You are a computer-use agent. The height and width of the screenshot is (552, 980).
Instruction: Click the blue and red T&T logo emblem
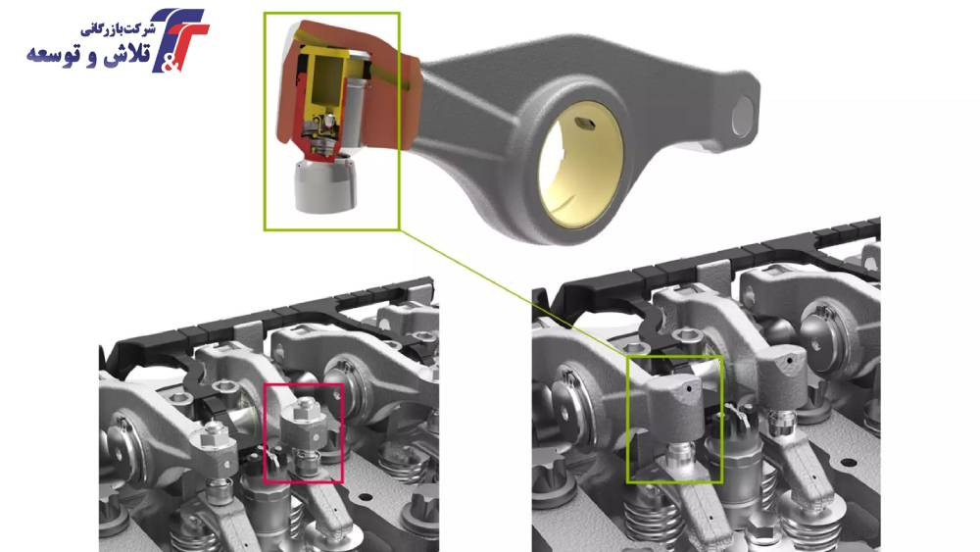180,39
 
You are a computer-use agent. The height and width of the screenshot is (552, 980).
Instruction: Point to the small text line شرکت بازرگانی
118,29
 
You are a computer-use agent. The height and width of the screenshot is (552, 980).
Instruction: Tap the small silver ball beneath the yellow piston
327,118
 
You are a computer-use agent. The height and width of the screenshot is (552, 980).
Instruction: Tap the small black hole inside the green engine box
689,387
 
